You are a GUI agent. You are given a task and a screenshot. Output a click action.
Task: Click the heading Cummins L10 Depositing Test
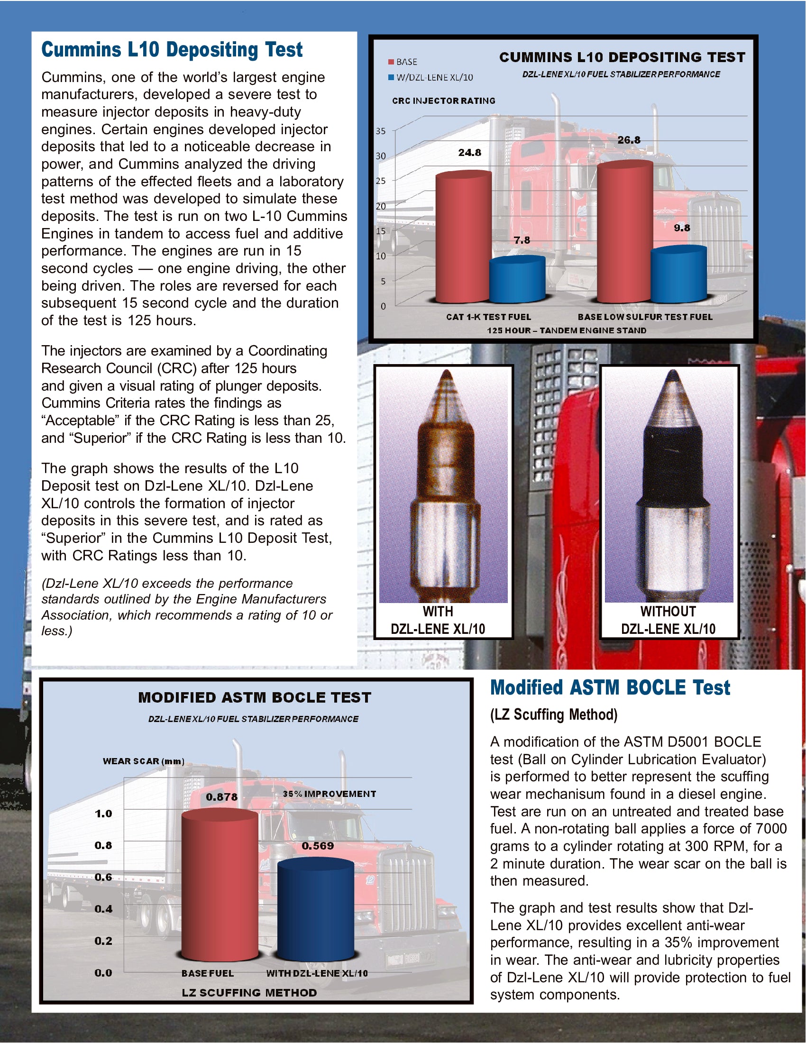(172, 50)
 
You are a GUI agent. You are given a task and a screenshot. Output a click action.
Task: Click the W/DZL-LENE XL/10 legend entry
(430, 77)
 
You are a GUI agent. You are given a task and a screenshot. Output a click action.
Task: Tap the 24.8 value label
(469, 153)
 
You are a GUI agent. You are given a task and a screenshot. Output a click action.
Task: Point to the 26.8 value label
(628, 140)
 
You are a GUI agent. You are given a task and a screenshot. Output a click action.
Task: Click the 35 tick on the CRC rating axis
(381, 131)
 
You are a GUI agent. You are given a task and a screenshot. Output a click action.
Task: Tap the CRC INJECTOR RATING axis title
(444, 101)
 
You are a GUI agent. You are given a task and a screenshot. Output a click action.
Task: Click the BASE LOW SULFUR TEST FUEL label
(645, 317)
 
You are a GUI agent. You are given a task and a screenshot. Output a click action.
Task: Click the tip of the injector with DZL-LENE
(446, 377)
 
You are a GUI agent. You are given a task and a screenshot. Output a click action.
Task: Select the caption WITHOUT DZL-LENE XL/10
(668, 620)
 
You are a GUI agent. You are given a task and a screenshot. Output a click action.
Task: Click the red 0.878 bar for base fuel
(220, 884)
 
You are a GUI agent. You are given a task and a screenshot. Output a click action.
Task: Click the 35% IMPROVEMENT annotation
(330, 794)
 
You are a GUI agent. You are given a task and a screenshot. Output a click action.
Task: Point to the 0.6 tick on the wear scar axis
(103, 877)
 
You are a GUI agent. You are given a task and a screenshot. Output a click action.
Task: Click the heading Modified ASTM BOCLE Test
(610, 688)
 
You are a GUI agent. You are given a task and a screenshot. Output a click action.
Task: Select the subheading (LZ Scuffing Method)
(554, 714)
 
